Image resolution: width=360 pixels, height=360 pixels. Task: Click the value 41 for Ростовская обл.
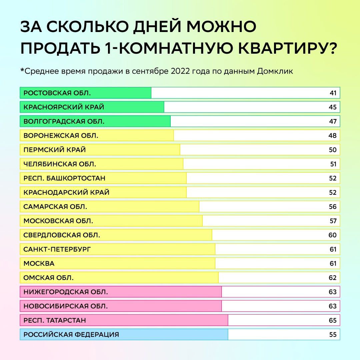click(x=333, y=93)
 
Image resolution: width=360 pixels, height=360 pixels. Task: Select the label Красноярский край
click(x=64, y=107)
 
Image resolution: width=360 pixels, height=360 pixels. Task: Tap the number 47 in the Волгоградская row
click(x=333, y=121)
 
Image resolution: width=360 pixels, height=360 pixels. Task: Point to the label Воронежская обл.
click(x=61, y=136)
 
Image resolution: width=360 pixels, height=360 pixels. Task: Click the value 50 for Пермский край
click(x=333, y=150)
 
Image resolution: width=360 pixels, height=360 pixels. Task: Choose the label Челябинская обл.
click(x=60, y=164)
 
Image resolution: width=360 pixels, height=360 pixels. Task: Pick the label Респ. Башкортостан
click(x=64, y=178)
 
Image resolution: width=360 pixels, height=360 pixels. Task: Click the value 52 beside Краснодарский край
click(x=333, y=192)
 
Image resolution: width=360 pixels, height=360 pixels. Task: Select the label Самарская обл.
click(x=55, y=207)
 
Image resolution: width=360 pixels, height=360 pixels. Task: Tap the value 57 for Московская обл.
click(x=333, y=221)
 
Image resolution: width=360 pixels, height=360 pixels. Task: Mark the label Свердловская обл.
click(x=62, y=235)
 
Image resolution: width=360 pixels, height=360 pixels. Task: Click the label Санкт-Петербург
click(x=57, y=249)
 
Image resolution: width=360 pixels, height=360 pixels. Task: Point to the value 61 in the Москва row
click(x=333, y=263)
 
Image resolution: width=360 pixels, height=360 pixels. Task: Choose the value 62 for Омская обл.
click(x=333, y=278)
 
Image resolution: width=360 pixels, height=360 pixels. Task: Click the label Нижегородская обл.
click(x=66, y=292)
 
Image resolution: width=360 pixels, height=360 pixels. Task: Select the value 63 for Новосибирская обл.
click(x=333, y=306)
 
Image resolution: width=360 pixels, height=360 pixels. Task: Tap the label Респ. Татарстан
click(x=55, y=320)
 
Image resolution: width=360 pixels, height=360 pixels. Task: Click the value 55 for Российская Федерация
click(x=333, y=334)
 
